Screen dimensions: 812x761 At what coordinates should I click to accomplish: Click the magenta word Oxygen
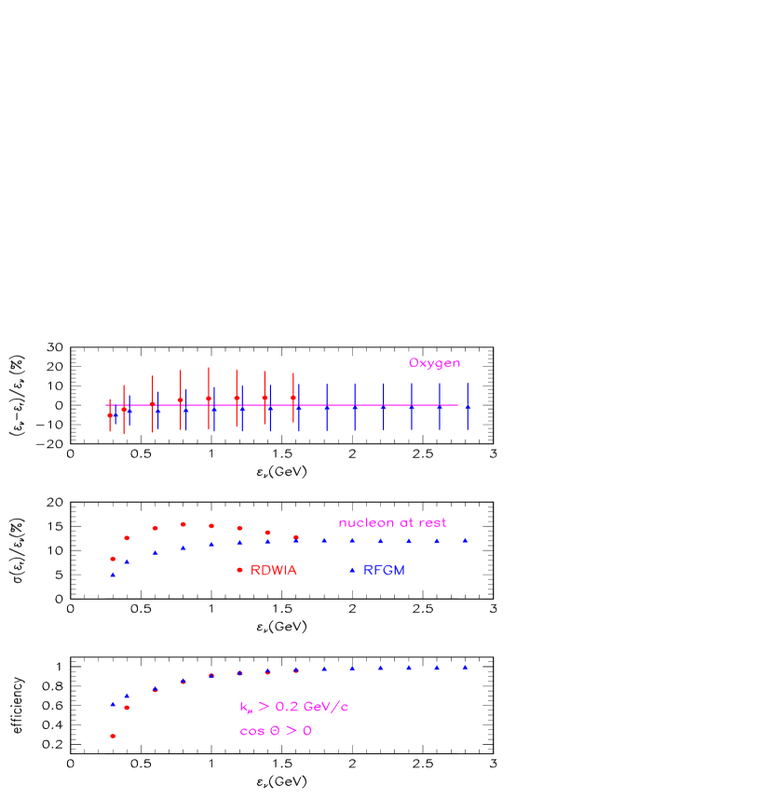434,363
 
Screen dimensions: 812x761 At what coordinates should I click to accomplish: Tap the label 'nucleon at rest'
392,522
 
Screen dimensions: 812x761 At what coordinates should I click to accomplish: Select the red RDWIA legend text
274,570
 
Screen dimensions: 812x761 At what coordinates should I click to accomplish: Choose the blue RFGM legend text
384,570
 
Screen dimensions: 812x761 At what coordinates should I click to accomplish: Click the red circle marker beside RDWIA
239,570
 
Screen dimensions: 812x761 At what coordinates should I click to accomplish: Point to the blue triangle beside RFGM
352,570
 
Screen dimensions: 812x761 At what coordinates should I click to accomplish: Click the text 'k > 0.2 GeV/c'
293,707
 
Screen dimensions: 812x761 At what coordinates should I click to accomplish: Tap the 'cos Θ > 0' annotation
275,731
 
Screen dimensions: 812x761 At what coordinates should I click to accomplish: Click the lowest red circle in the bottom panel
113,736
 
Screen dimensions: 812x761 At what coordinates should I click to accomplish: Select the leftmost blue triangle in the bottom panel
113,704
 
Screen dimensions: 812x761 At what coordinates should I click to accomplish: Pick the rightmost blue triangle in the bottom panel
465,667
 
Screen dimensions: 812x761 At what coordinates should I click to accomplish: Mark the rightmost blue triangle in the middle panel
465,540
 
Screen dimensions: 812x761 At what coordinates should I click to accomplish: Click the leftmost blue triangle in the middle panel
113,575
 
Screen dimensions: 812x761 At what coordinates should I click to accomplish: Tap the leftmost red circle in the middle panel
113,559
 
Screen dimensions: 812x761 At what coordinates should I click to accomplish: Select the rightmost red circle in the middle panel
296,537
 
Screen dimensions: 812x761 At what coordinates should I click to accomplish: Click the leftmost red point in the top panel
110,414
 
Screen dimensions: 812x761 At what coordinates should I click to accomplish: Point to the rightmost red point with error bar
293,398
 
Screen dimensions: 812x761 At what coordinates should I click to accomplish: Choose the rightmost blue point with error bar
468,407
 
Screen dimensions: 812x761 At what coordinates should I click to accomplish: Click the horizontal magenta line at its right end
455,405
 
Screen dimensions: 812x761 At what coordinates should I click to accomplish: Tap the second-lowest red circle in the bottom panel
127,708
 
